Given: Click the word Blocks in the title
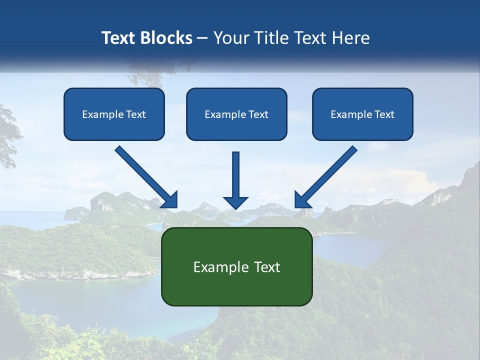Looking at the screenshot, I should pos(168,38).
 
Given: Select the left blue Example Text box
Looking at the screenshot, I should pos(114,114).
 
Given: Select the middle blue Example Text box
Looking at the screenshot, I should pos(236,114).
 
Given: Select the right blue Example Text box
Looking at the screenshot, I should pos(362,114).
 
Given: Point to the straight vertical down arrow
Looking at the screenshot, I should pos(236,175).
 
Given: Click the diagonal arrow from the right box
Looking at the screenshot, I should pos(330,172).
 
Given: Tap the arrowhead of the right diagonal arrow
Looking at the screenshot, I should pos(301,200).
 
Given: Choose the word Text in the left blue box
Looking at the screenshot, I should pos(135,114).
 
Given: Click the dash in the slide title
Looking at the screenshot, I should pos(202,38).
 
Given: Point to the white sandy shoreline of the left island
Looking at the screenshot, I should pos(75,274).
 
